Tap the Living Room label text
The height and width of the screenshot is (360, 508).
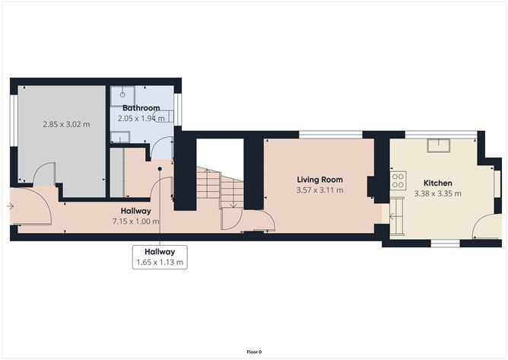(x=319, y=180)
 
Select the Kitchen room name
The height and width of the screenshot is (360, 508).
(x=438, y=183)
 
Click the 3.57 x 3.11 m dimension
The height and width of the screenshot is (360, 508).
(x=319, y=190)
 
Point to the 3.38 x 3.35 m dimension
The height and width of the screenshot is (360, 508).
(x=438, y=194)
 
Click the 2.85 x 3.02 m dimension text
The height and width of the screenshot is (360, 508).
(x=66, y=124)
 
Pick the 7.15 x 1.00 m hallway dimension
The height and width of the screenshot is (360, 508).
(x=136, y=221)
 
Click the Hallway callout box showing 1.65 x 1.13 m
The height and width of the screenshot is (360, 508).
(x=160, y=257)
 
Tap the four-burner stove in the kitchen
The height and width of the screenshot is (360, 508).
(x=398, y=180)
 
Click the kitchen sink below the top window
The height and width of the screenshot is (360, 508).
(x=438, y=145)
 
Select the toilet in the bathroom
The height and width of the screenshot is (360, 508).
(x=163, y=116)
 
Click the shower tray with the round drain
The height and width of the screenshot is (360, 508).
(x=122, y=96)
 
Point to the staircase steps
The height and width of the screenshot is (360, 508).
(x=220, y=188)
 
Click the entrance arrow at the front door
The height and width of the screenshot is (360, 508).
(x=10, y=206)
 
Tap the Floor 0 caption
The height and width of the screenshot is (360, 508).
(x=254, y=352)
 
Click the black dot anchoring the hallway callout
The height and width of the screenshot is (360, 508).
(x=160, y=169)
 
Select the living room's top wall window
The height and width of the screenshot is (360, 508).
(x=331, y=135)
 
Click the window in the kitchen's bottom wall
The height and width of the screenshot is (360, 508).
(x=445, y=244)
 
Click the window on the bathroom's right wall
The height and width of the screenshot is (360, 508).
(x=178, y=110)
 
